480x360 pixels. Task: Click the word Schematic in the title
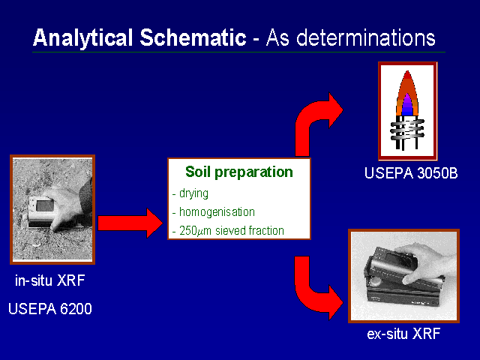193,37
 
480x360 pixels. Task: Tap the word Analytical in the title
82,38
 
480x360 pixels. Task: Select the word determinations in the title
366,37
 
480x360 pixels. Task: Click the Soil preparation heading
239,172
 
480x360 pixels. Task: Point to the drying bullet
190,193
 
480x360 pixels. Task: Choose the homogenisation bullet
214,211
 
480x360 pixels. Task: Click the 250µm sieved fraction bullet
228,231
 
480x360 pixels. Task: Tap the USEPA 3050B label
411,173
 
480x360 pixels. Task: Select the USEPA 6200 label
50,308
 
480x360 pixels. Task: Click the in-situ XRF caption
50,280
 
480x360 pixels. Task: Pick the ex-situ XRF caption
403,333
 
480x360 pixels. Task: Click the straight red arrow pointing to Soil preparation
130,223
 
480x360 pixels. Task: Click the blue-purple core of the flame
407,106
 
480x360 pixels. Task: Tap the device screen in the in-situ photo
45,205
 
